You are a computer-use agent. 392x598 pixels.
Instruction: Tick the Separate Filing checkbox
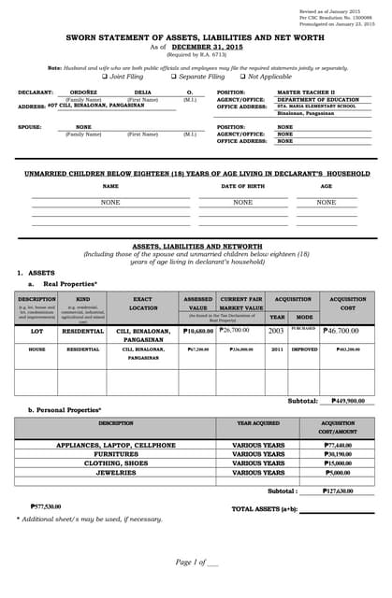coord(173,77)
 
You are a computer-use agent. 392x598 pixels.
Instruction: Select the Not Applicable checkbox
coord(241,77)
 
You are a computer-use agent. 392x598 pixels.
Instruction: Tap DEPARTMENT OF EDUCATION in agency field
coord(317,100)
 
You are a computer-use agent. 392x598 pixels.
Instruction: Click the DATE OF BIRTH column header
coord(242,186)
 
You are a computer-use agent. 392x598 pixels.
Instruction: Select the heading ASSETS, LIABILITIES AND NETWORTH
coord(196,246)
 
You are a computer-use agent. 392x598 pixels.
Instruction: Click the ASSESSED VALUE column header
coord(197,303)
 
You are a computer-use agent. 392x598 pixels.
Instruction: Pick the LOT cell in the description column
coord(36,331)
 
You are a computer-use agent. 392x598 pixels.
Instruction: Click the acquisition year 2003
coord(276,331)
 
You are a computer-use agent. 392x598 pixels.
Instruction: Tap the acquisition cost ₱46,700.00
coord(341,331)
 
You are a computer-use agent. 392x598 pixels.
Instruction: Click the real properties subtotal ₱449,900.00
coord(353,401)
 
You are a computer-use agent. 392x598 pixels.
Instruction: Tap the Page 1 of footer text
coord(196,561)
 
